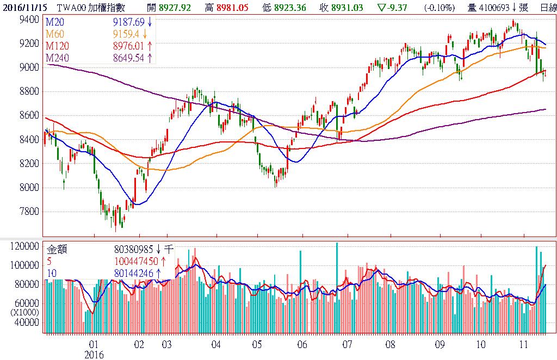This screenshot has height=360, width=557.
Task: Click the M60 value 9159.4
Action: (128, 34)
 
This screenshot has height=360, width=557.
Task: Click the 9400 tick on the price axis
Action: (28, 19)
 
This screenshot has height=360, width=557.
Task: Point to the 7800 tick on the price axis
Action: (28, 212)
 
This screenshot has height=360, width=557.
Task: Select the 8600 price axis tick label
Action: (28, 115)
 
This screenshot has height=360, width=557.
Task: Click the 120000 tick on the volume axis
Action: (24, 246)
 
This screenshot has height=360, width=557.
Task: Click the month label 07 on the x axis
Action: (347, 345)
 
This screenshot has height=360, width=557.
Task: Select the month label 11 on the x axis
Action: (523, 345)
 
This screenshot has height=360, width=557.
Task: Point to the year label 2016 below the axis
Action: (94, 354)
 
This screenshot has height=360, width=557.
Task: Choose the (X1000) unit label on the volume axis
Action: (23, 312)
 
